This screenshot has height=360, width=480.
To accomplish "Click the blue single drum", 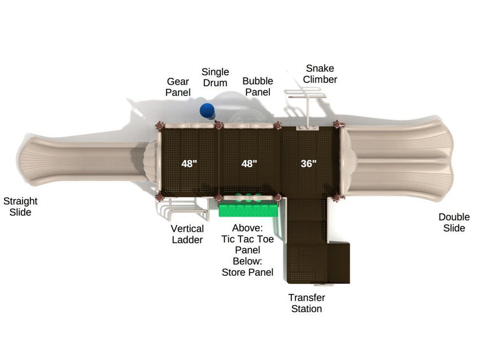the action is (x=207, y=111).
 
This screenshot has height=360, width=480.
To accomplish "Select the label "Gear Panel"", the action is (x=178, y=87).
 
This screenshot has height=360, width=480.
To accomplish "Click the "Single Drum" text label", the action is (x=215, y=77).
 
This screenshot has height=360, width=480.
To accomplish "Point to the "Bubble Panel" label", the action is (x=258, y=86).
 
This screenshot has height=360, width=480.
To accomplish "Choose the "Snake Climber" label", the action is (x=320, y=74).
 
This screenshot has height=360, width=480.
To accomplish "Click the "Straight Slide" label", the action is (x=20, y=207).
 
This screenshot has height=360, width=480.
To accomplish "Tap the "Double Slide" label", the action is (x=454, y=222).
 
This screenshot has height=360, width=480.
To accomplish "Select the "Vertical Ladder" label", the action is (x=187, y=234).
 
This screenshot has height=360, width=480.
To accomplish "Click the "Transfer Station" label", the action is (x=307, y=303).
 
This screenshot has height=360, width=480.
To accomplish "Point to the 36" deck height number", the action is (x=308, y=164).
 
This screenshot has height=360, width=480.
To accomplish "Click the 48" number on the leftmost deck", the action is (x=189, y=164).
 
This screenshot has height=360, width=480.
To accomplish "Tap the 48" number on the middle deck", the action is (x=249, y=164).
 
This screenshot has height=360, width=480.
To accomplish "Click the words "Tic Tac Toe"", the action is (x=248, y=239).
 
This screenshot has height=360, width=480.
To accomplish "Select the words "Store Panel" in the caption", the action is (x=248, y=272).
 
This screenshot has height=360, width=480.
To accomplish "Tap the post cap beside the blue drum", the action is (x=219, y=125).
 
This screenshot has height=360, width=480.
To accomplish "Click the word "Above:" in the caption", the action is (x=248, y=228).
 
